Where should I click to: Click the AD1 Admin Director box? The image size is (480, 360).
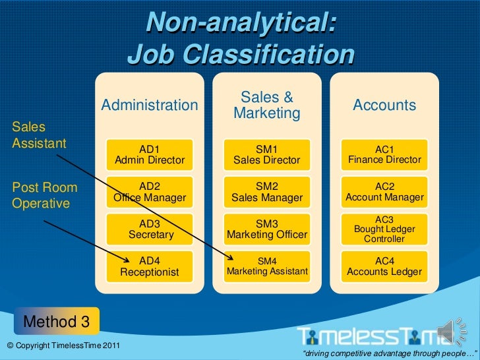[x=150, y=155]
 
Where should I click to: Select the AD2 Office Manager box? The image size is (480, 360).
[x=150, y=192]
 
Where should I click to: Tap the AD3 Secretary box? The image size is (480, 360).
[x=150, y=229]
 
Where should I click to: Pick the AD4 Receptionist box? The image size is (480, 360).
[x=150, y=266]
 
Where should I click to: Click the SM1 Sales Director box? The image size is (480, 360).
[x=266, y=155]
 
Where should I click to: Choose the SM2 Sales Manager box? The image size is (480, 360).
[x=266, y=192]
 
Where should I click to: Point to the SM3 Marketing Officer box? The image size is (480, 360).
[x=266, y=229]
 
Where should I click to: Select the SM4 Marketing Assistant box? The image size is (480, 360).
[x=266, y=266]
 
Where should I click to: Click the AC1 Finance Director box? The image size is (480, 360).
[x=384, y=155]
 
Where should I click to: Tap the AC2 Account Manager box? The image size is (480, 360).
[x=384, y=192]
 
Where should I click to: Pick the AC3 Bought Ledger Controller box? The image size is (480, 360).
[x=384, y=229]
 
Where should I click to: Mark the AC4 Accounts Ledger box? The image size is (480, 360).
[x=384, y=266]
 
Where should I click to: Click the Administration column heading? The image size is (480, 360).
[x=150, y=105]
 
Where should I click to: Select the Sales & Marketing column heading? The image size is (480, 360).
[x=267, y=105]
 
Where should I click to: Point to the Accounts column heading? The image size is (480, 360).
[x=384, y=105]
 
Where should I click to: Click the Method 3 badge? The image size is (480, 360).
[x=57, y=321]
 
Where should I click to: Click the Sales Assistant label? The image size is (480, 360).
[x=39, y=135]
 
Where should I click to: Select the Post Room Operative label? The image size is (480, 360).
[x=44, y=195]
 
